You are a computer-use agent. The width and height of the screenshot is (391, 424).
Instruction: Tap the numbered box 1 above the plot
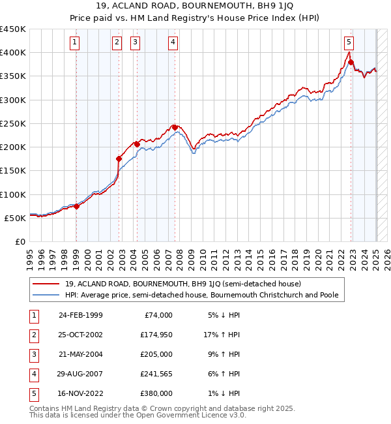76,43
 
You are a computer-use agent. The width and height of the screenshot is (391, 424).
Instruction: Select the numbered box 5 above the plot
349,43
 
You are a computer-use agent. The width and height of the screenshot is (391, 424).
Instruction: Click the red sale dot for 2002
119,159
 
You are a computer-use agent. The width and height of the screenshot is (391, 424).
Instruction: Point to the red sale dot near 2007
175,127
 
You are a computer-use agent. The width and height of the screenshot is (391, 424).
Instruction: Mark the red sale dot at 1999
76,206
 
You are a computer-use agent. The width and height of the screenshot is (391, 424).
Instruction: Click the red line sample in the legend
46,284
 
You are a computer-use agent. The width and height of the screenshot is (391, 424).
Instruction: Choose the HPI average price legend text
201,295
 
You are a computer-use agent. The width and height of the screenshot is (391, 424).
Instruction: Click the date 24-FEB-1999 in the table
81,315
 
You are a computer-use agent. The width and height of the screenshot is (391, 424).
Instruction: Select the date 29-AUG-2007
81,374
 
